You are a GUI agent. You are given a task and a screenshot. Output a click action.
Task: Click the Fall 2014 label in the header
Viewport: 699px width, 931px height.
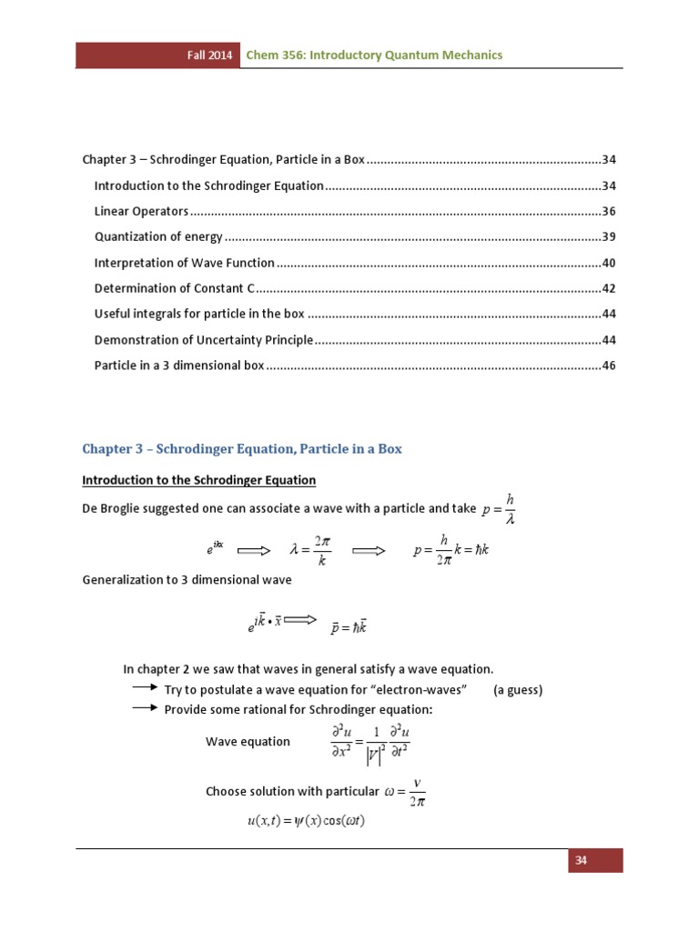click(205, 55)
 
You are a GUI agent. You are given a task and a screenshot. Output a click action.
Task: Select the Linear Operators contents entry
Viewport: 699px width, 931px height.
click(142, 211)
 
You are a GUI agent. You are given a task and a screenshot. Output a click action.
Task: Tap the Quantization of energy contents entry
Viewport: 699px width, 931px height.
click(158, 236)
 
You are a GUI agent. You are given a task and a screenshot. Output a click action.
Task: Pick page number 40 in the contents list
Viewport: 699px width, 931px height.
click(609, 263)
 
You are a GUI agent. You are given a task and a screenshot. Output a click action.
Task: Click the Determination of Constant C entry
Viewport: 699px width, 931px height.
click(174, 288)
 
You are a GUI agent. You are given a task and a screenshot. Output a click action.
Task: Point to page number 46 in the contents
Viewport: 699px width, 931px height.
click(609, 365)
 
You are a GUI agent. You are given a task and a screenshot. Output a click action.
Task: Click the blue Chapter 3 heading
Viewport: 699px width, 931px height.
click(242, 449)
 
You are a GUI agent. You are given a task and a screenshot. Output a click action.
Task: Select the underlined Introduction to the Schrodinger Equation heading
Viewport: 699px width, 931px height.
click(199, 480)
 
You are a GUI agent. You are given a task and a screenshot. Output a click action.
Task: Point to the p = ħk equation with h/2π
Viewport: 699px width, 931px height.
click(451, 550)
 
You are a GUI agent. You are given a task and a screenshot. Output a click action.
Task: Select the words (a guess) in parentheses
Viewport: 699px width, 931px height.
click(518, 689)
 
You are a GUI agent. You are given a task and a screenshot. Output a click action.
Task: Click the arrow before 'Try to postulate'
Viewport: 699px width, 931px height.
click(145, 688)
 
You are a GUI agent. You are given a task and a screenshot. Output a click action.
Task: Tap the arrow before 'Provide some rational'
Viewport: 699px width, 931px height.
click(145, 708)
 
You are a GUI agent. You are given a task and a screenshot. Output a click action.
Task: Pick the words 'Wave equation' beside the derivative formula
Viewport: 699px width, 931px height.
click(248, 741)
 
